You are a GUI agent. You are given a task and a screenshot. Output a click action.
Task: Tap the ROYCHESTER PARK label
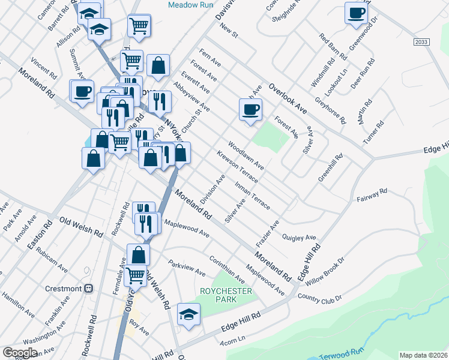(x=226, y=295)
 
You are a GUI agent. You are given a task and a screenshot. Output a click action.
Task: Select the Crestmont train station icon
(x=89, y=288)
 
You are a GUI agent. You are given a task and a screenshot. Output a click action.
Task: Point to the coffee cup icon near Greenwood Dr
(x=356, y=13)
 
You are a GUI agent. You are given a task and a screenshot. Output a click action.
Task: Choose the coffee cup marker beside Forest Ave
(x=250, y=110)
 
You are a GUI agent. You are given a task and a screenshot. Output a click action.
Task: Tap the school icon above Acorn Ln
(x=188, y=314)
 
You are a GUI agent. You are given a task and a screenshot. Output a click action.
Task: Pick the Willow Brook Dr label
(x=324, y=271)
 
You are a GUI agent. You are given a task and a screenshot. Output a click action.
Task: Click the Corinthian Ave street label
(x=227, y=269)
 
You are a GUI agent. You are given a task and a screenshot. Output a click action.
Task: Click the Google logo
(x=20, y=352)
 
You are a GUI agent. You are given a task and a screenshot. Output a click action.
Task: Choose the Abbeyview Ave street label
(x=191, y=97)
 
